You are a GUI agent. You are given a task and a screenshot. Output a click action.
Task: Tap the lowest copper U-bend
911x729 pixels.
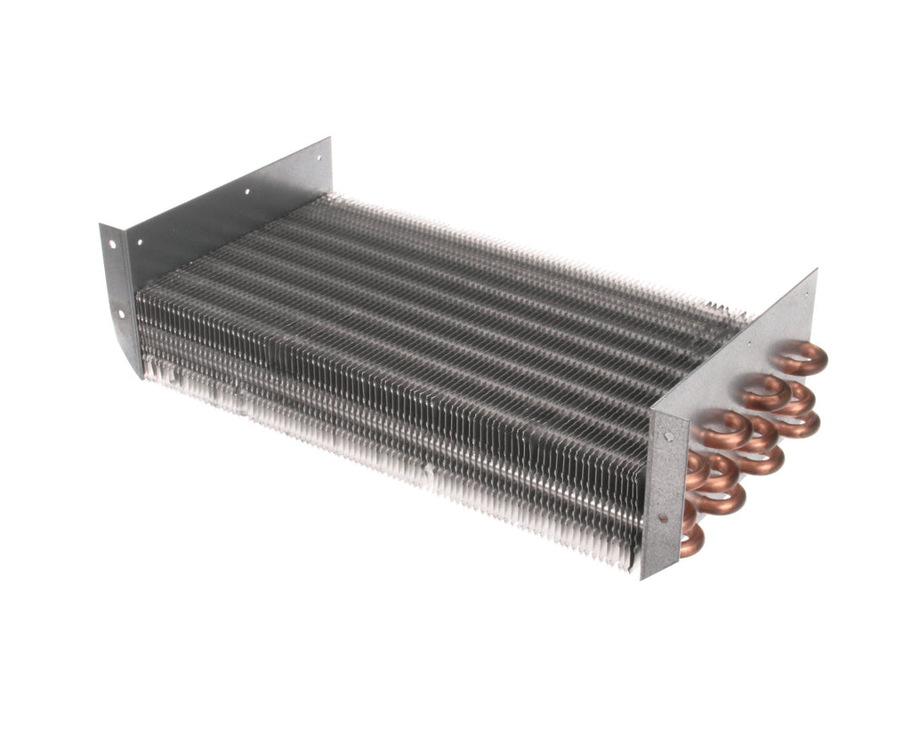pyautogui.click(x=690, y=539)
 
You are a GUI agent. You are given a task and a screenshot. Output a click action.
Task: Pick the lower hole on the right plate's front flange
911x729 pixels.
pyautogui.click(x=662, y=517)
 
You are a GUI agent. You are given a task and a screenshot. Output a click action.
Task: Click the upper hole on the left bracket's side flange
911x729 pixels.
pyautogui.click(x=113, y=241)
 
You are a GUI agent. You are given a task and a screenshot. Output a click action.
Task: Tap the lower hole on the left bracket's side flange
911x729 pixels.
pyautogui.click(x=121, y=312)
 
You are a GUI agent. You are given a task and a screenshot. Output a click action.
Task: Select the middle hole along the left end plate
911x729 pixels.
pyautogui.click(x=246, y=191)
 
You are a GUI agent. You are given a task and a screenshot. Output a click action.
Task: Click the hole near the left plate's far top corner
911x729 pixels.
pyautogui.click(x=318, y=157)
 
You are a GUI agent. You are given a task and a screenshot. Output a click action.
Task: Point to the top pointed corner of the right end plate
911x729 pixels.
pyautogui.click(x=814, y=271)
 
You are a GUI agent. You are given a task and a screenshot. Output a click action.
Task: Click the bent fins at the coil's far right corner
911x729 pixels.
pyautogui.click(x=734, y=312)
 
